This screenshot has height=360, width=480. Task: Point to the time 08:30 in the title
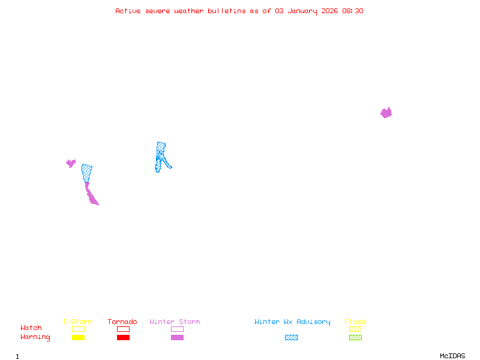[353, 11]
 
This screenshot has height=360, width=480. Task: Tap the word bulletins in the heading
[227, 11]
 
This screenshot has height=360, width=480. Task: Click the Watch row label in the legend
[31, 328]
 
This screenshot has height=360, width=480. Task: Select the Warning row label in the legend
[35, 337]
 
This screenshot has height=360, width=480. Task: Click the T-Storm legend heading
[77, 322]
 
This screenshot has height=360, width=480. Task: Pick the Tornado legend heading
[122, 322]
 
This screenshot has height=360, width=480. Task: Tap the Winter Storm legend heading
[175, 322]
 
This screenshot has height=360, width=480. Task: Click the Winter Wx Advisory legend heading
[292, 322]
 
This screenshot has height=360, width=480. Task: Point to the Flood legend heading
[355, 322]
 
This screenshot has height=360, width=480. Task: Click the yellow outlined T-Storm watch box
[78, 329]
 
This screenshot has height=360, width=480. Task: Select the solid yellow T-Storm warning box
[78, 337]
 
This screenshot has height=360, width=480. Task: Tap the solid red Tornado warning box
[123, 337]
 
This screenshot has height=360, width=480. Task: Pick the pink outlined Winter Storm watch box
[177, 329]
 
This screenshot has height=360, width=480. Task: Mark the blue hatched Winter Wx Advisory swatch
[291, 337]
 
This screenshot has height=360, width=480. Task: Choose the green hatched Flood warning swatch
[355, 337]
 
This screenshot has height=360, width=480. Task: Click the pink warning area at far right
[386, 113]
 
